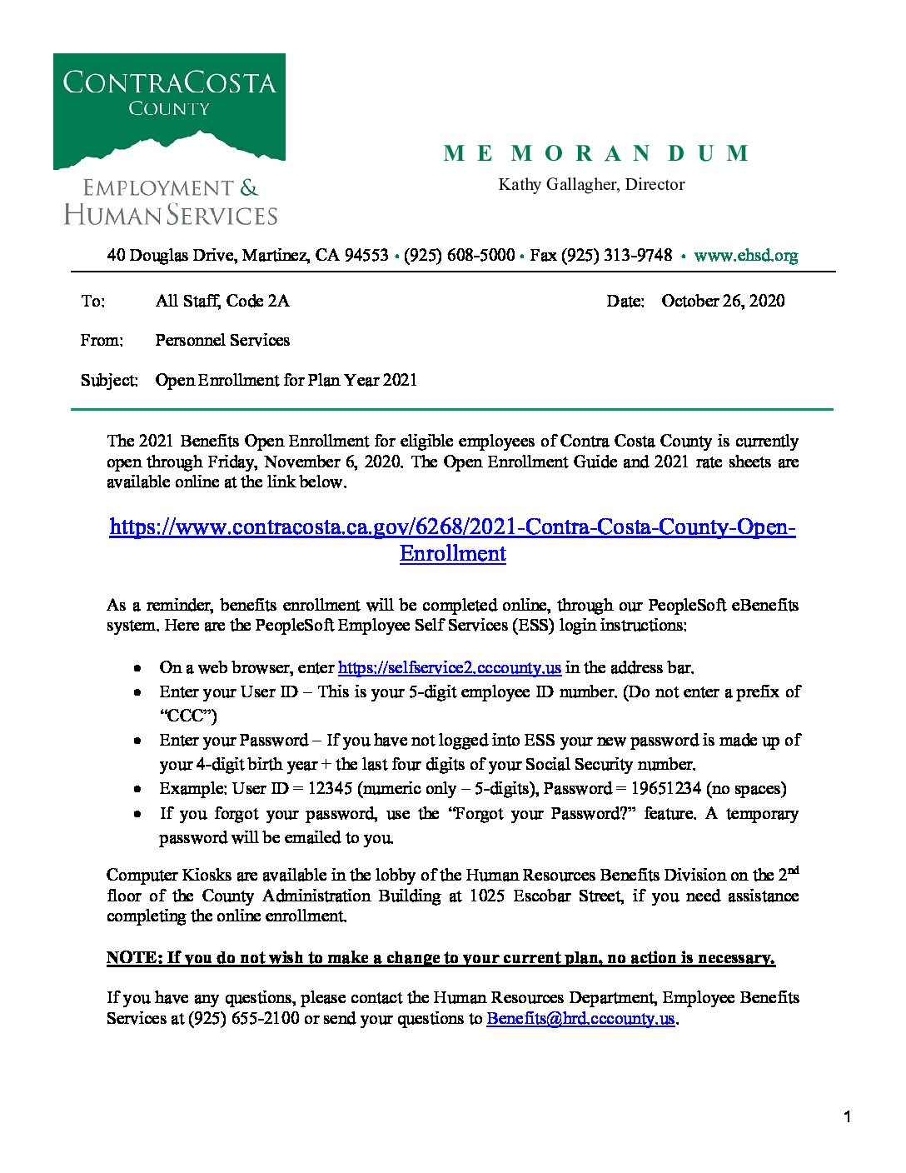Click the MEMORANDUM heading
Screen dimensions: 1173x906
click(x=596, y=153)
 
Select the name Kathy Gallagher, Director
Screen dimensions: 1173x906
click(x=591, y=184)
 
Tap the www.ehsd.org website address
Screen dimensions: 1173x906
click(x=745, y=256)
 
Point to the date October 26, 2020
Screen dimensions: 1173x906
click(x=723, y=301)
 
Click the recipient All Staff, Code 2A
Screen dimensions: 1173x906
click(x=222, y=301)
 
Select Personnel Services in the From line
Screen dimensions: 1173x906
click(x=222, y=340)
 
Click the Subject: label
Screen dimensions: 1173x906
click(x=109, y=380)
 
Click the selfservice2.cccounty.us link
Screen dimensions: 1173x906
click(x=450, y=667)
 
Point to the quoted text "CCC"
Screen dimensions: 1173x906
click(x=188, y=716)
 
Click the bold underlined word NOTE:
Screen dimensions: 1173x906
click(x=134, y=957)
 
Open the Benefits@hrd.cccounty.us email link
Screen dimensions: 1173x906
click(x=580, y=1018)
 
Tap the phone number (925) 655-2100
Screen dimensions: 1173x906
click(x=243, y=1018)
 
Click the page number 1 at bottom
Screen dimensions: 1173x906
click(x=847, y=1117)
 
